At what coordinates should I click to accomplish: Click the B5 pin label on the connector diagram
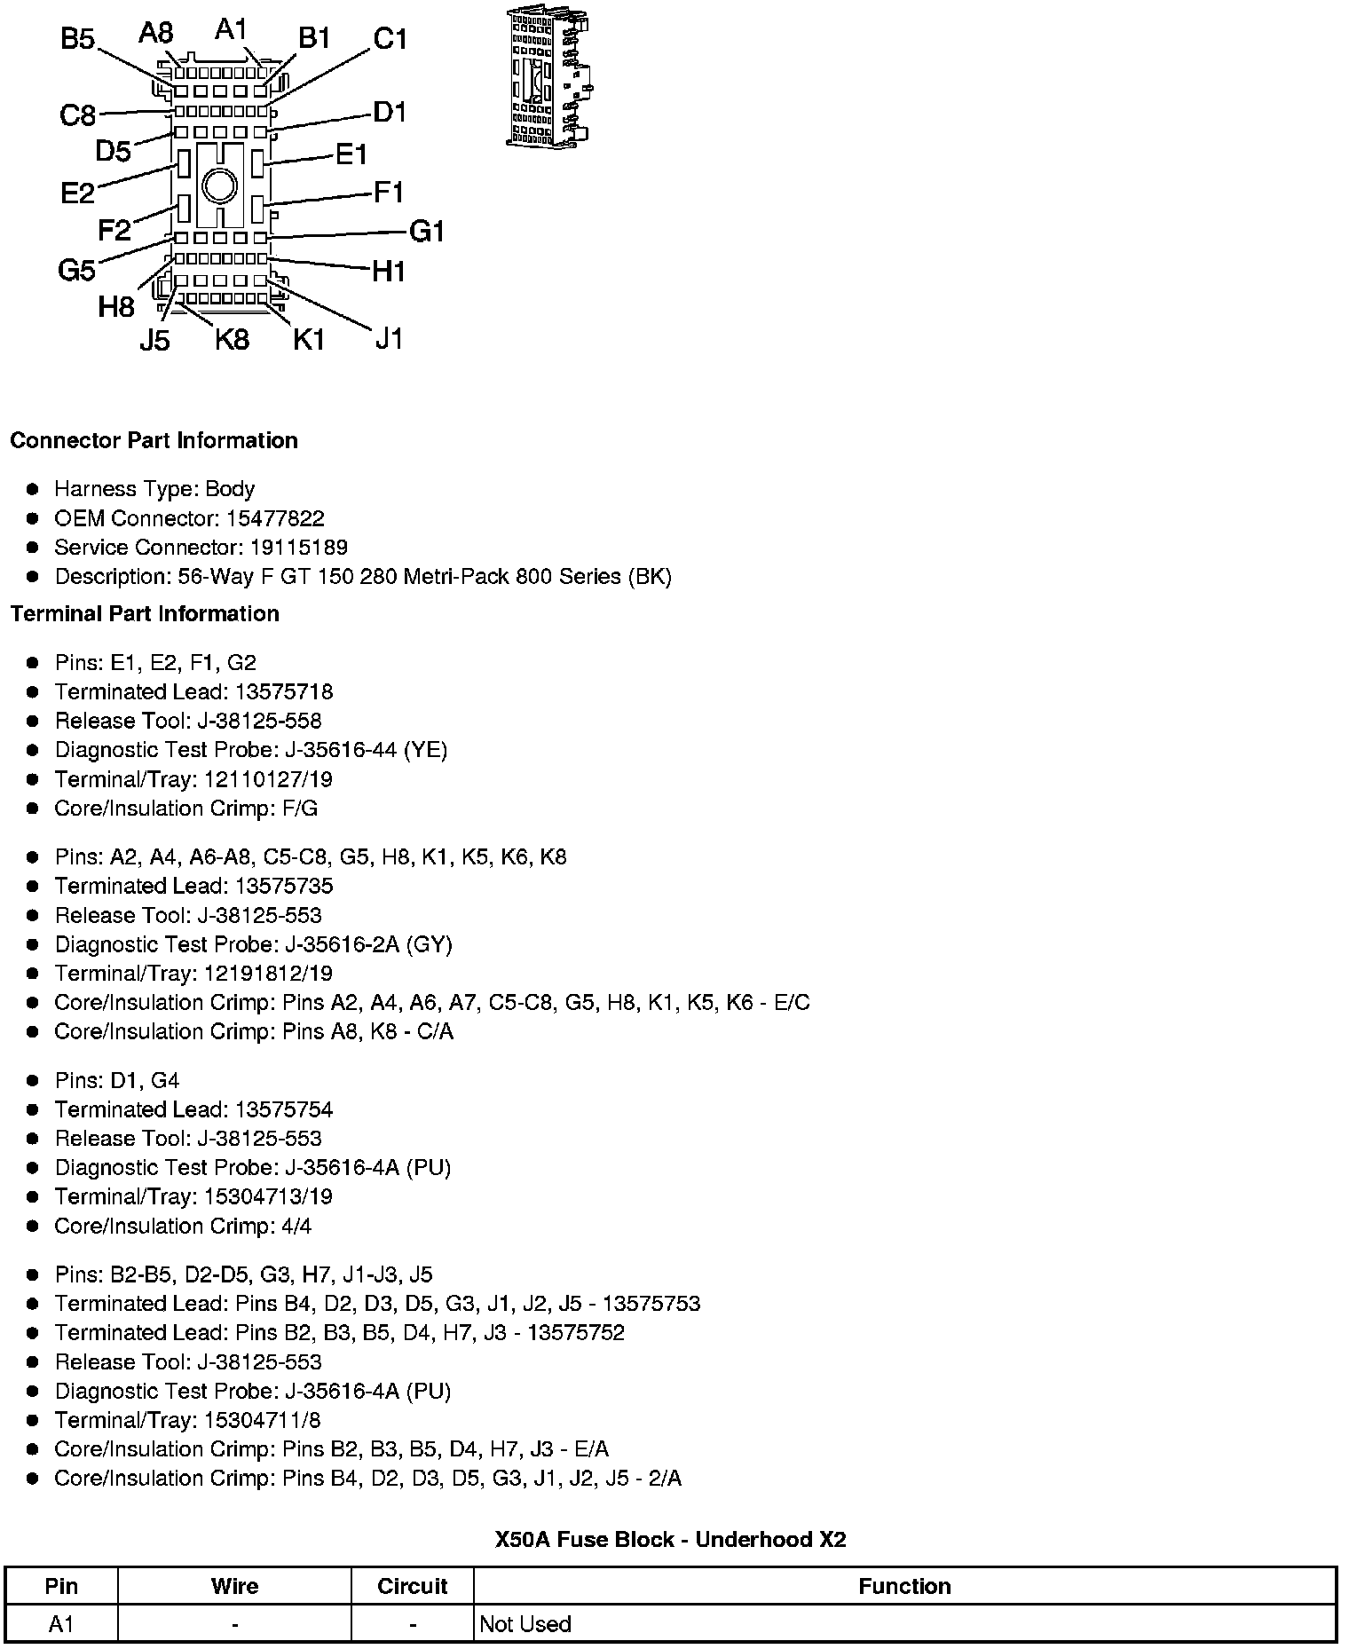pyautogui.click(x=77, y=40)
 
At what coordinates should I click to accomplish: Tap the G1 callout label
pyautogui.click(x=426, y=232)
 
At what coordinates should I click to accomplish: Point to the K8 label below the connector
pyautogui.click(x=232, y=339)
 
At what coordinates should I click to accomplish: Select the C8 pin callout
pyautogui.click(x=77, y=115)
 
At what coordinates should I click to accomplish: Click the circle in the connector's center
pyautogui.click(x=219, y=186)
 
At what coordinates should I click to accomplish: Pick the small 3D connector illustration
pyautogui.click(x=548, y=78)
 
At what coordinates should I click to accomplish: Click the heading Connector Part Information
pyautogui.click(x=154, y=441)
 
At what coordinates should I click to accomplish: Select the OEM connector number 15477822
pyautogui.click(x=274, y=518)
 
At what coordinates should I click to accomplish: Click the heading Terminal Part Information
pyautogui.click(x=145, y=614)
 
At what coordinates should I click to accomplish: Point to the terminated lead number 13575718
pyautogui.click(x=284, y=691)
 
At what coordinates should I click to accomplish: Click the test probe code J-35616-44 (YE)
pyautogui.click(x=366, y=750)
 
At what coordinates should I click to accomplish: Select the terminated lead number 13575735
pyautogui.click(x=284, y=886)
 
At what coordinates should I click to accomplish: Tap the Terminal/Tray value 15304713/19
pyautogui.click(x=268, y=1196)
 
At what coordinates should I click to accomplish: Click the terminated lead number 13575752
pyautogui.click(x=576, y=1332)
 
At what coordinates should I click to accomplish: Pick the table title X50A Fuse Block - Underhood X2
pyautogui.click(x=670, y=1539)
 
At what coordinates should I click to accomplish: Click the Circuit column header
pyautogui.click(x=412, y=1586)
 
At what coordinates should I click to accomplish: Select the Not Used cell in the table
pyautogui.click(x=525, y=1624)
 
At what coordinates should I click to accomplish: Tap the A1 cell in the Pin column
pyautogui.click(x=61, y=1624)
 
